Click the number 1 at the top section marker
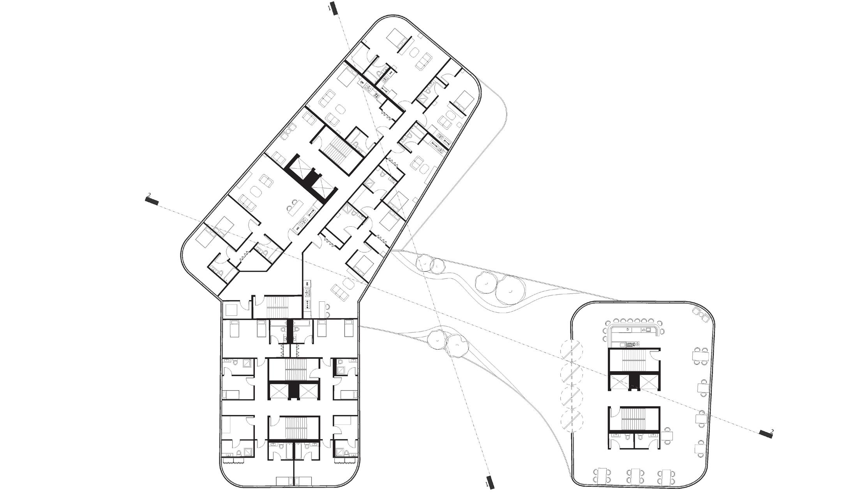pos(330,7)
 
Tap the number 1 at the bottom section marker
pos(487,484)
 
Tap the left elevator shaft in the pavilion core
pos(619,382)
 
